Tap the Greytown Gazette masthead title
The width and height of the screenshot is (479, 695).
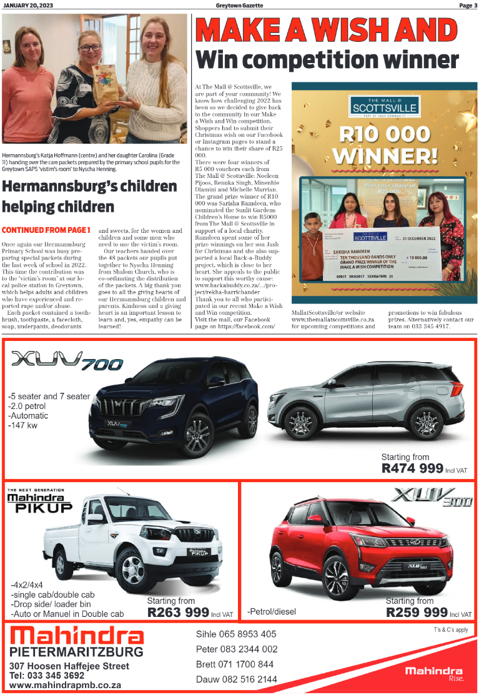[239, 5]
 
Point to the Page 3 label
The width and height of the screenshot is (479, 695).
[467, 5]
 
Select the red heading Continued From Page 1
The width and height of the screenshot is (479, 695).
[46, 230]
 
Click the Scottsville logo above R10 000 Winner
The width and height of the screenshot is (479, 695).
[384, 107]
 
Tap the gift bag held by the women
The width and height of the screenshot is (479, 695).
[106, 86]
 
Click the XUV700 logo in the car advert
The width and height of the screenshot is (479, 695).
[67, 361]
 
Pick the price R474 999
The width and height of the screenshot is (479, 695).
[412, 468]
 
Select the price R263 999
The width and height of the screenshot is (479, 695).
[177, 613]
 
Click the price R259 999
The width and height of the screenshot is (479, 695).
[417, 612]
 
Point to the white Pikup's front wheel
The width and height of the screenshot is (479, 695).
[133, 569]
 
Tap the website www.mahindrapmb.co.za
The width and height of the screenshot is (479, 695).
[65, 685]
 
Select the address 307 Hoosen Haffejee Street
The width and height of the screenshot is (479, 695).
[69, 666]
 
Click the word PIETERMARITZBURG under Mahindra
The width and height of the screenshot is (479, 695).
[76, 652]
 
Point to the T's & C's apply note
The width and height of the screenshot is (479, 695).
[451, 630]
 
